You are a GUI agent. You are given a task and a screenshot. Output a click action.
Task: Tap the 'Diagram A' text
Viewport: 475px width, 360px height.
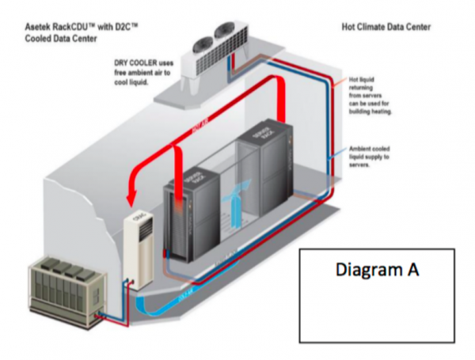[375, 270]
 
